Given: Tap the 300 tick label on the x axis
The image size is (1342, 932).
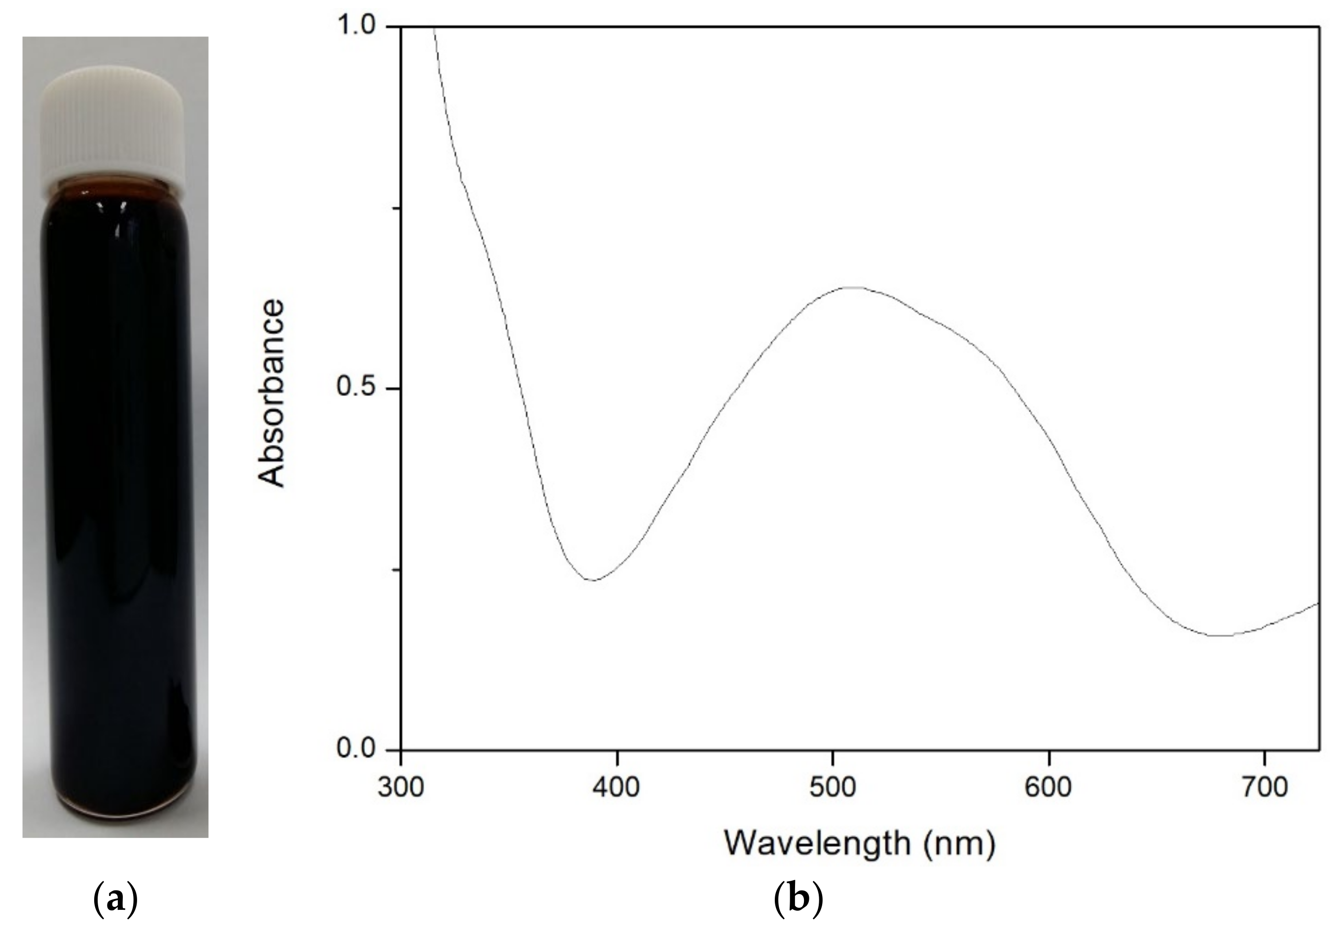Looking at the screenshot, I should (x=400, y=789).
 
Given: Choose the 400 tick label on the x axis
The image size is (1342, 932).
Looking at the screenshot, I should (x=617, y=789).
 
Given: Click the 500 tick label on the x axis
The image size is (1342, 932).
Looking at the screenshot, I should (x=833, y=789).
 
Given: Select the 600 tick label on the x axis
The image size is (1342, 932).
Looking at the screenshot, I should (x=1049, y=789).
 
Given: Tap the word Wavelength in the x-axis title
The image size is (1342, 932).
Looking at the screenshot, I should (x=818, y=843).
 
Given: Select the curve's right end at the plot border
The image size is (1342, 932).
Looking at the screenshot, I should (x=1319, y=603).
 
